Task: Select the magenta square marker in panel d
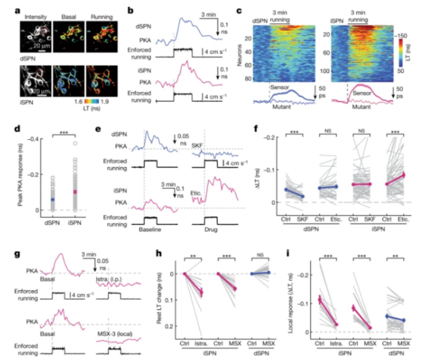click(75, 192)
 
